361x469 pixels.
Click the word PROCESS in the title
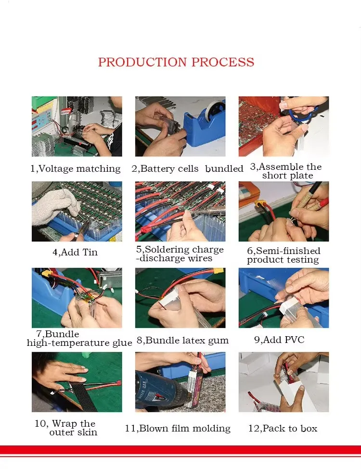tap(223, 62)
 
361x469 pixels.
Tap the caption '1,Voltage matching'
tap(76, 169)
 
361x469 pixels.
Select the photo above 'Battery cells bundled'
tap(180, 126)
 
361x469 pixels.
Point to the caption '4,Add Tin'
tap(75, 252)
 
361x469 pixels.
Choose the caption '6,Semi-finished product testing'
tap(284, 255)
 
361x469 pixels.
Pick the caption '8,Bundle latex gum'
tap(182, 341)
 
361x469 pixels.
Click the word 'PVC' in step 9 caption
tap(295, 340)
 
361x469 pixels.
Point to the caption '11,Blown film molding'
tap(178, 429)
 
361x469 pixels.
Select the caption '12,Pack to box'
tap(283, 429)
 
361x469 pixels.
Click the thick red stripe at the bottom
tap(180, 450)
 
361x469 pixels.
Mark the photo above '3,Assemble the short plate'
tap(284, 126)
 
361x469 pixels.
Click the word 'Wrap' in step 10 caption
tap(64, 424)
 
